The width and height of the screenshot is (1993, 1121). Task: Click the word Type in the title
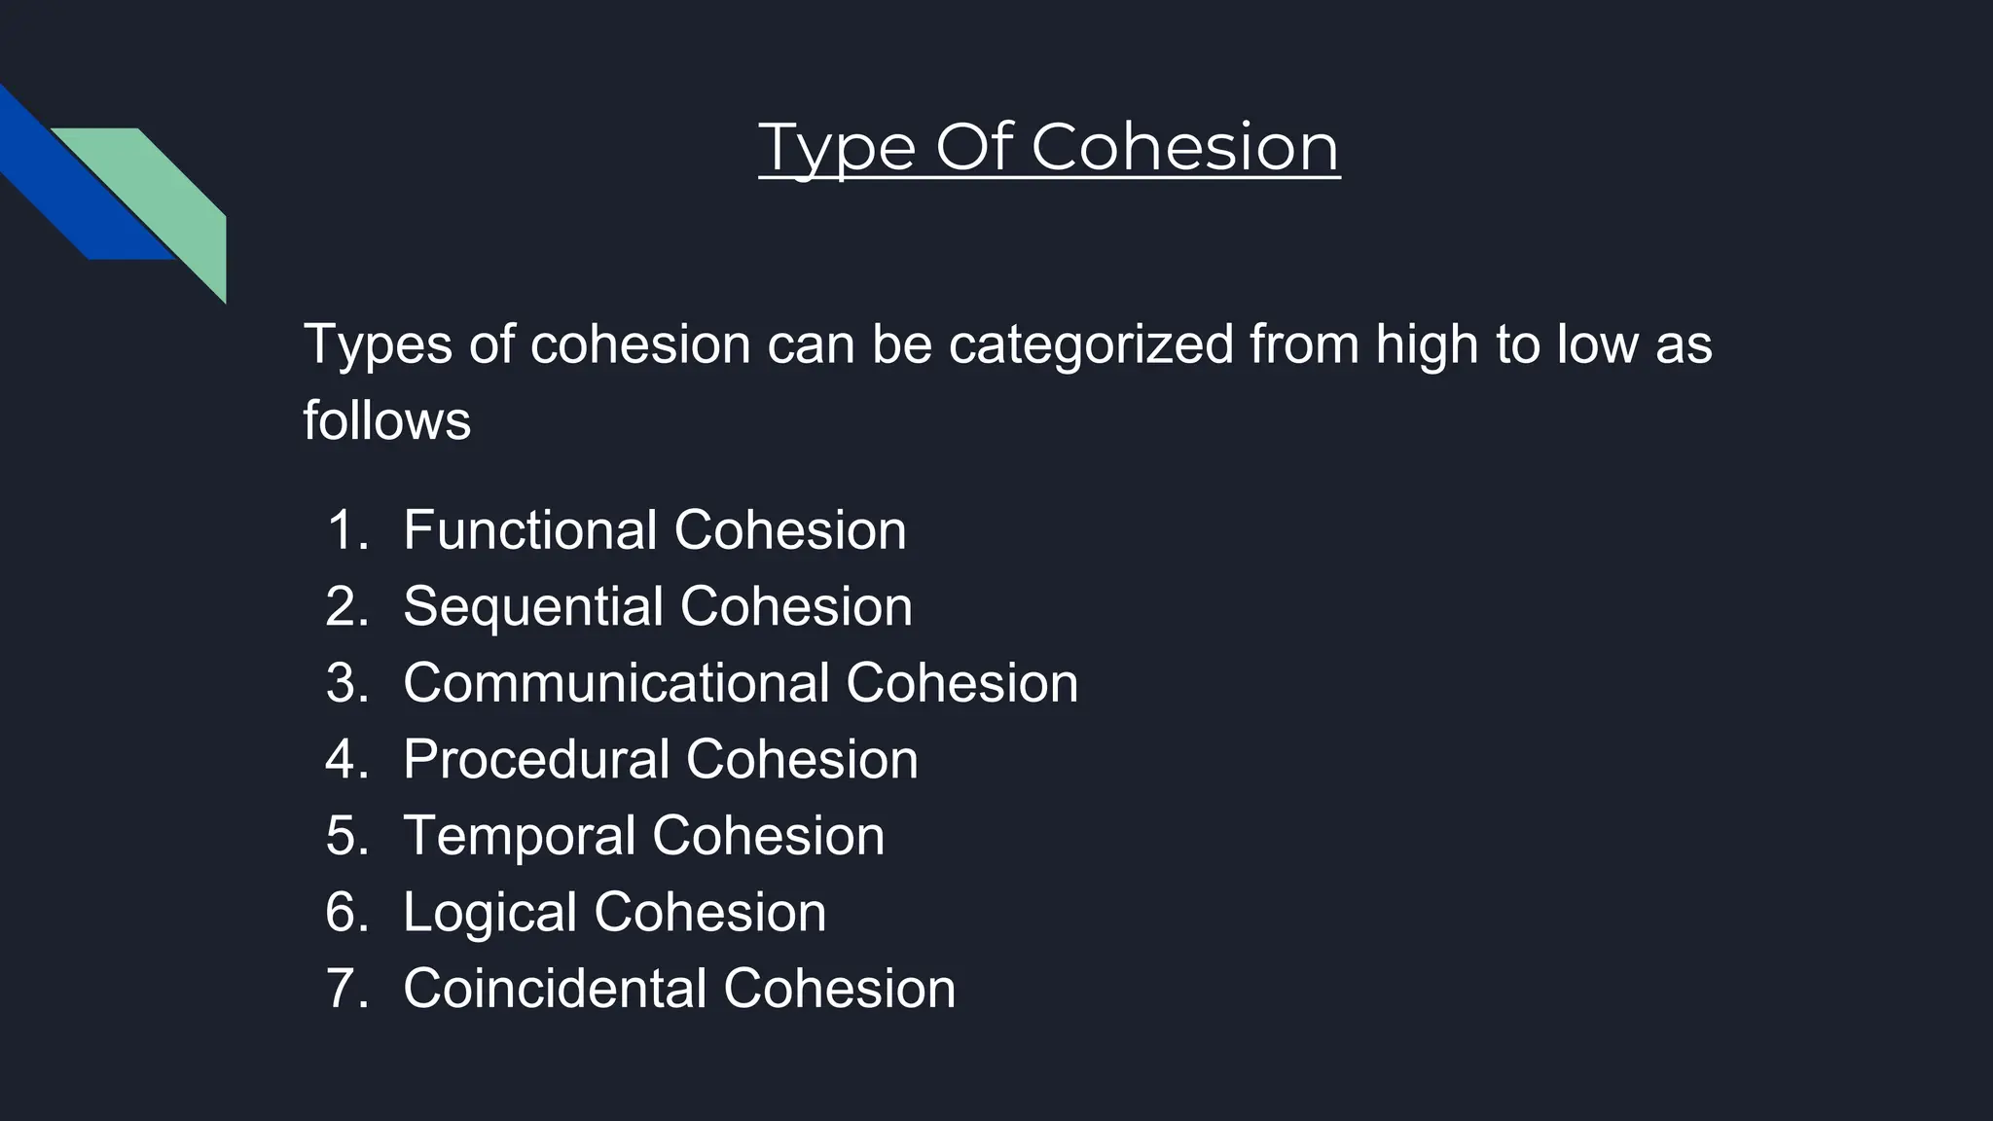click(837, 149)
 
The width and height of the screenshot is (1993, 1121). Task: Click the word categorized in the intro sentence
click(1090, 345)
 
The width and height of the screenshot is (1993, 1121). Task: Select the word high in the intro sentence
click(1426, 345)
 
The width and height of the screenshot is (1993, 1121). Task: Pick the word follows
click(386, 421)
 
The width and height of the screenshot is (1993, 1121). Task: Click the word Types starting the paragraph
click(378, 345)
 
